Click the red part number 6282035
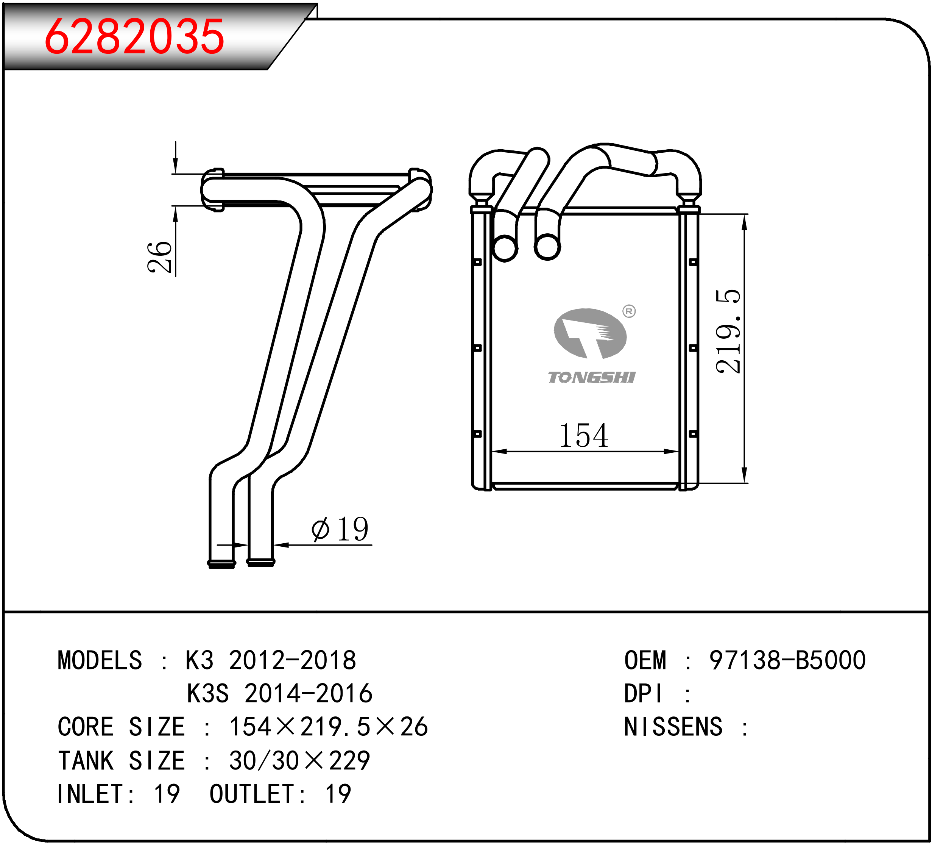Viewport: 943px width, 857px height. click(x=135, y=36)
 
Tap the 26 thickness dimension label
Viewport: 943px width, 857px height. click(x=159, y=257)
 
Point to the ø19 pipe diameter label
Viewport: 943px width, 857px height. click(x=340, y=529)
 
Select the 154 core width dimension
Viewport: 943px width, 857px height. click(x=584, y=435)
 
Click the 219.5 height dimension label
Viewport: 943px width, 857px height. click(x=728, y=332)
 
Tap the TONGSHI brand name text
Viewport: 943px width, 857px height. click(x=592, y=378)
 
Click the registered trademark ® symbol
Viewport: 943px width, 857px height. click(x=629, y=311)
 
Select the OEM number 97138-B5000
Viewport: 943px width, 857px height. click(x=787, y=660)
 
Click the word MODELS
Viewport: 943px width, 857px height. click(x=100, y=660)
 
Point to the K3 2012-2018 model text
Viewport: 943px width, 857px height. click(x=271, y=660)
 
